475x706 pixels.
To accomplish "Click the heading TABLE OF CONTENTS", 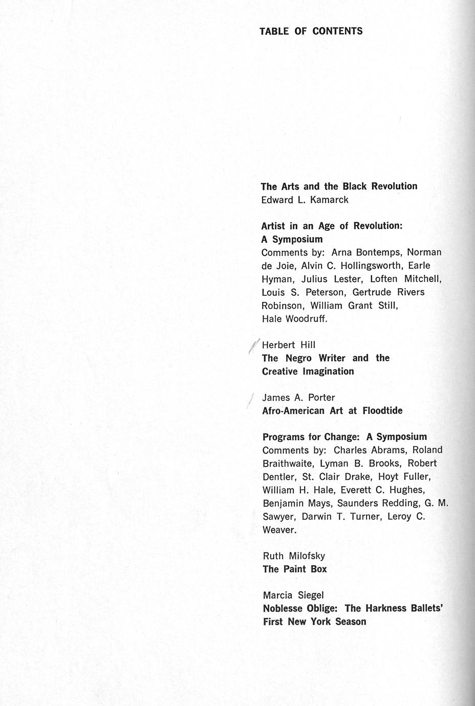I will [311, 31].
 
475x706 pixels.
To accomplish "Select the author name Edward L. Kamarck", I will [305, 200].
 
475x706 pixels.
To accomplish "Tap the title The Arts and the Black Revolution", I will [339, 186].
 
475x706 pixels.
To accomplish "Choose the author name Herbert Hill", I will [289, 345].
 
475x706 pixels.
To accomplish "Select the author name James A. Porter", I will [298, 397].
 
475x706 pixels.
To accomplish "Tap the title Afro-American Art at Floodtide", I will [332, 411].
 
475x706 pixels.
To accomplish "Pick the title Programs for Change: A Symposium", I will [344, 437].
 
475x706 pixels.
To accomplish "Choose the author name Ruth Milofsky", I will [294, 556].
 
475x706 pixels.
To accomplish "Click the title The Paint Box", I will [294, 569].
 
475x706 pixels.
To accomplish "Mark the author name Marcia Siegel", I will [293, 595].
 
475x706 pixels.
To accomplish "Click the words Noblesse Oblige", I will [300, 609].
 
